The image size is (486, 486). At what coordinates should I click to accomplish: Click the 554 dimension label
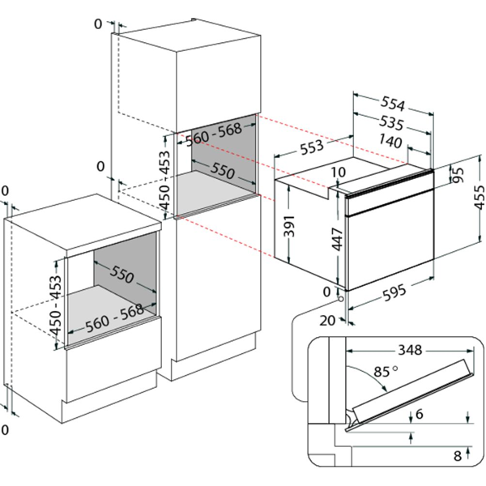pos(393,104)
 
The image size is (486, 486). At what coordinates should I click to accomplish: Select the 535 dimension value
pos(392,123)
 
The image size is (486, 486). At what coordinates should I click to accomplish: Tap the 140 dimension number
pos(390,142)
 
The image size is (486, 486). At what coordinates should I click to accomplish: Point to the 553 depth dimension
pos(312,147)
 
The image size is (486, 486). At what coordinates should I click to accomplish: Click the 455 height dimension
pos(480,197)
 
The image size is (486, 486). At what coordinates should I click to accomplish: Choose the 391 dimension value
pos(289,225)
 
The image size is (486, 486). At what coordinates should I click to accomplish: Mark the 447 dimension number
pos(337,239)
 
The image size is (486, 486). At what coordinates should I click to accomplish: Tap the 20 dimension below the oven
pos(327,321)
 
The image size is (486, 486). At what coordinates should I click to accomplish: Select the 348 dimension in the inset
pos(410,350)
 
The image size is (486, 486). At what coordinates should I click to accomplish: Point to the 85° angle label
pos(386,371)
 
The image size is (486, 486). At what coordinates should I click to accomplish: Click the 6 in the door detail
pos(419,414)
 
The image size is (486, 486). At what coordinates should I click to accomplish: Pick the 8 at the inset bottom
pos(458,455)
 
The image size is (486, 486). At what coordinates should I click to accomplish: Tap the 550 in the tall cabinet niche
pos(223,170)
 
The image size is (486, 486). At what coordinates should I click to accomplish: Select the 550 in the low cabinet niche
pos(122,275)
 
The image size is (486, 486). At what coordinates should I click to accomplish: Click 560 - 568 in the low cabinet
pos(114,318)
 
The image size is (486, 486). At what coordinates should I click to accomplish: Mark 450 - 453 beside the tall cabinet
pos(164,181)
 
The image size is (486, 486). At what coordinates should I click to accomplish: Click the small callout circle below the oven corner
pos(341,299)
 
